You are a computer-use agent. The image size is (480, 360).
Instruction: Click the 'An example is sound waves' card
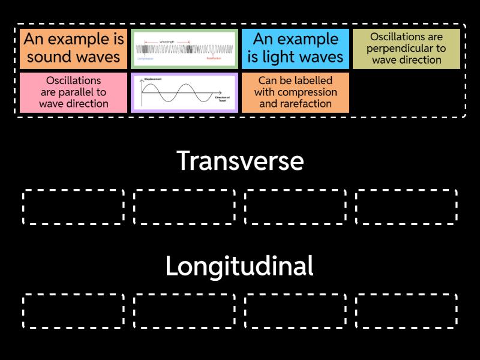pos(74,49)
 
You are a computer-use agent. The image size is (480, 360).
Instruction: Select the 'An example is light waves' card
pos(295,49)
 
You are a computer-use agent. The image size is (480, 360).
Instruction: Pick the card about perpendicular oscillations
pos(406,49)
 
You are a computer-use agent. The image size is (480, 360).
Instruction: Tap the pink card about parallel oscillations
pos(74,92)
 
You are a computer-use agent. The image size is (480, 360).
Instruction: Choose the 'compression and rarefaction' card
pos(295,92)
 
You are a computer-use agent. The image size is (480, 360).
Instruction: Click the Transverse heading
pos(240,161)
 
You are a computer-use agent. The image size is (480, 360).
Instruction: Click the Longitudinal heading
pos(240,266)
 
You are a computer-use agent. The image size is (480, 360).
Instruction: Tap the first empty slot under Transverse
pos(74,207)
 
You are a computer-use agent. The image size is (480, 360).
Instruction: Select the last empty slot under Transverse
pos(406,207)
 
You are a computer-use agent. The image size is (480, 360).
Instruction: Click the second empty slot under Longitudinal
pos(184,311)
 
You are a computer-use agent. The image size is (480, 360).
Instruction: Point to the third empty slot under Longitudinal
pos(295,311)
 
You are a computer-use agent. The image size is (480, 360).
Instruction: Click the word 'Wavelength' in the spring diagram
pos(167,41)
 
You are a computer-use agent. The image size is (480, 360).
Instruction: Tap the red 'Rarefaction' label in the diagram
pos(214,59)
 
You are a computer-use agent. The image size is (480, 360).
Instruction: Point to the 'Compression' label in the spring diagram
pos(145,59)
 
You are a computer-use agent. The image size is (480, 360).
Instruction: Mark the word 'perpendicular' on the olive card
pos(406,49)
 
